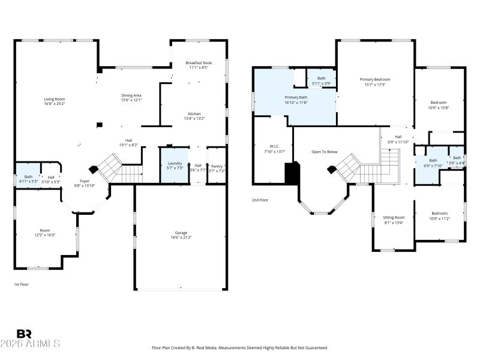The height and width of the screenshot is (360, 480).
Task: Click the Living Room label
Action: point(54,99)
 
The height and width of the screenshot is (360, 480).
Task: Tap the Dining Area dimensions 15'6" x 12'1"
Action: point(131,100)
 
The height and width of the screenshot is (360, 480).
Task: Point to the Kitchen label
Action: point(194,113)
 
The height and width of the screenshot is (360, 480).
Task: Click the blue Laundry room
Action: point(175,166)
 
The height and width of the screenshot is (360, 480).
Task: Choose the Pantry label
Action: point(217,166)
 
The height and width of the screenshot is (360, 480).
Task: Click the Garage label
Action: point(181,233)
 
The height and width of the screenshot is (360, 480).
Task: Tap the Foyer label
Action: point(84,181)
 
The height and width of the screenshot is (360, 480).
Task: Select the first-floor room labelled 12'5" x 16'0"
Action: point(45,233)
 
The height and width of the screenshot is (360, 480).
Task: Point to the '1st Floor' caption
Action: point(21,284)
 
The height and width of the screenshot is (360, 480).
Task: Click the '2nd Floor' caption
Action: point(259,200)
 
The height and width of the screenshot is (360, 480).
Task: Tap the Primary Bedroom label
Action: point(374,79)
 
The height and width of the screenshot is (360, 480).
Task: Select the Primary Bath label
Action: point(295,97)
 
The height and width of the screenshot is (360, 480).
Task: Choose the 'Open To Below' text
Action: point(325,152)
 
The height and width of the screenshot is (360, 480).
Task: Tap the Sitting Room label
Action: point(394,217)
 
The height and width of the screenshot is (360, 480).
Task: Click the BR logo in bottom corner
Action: point(24,334)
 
